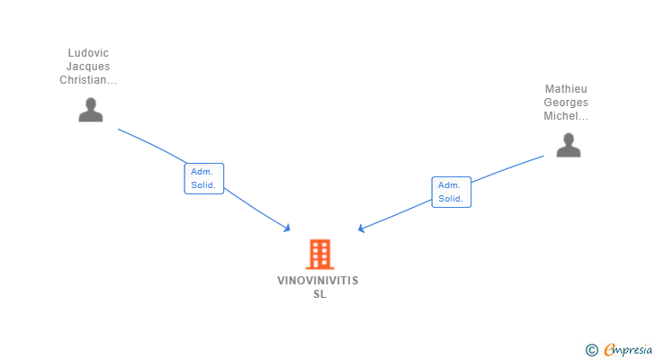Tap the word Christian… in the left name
[x=88, y=80]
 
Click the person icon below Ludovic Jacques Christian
[x=90, y=110]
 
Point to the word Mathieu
[x=566, y=89]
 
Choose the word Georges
[x=566, y=103]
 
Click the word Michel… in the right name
[x=566, y=116]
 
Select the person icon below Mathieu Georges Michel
[x=568, y=145]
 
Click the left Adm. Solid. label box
[x=203, y=178]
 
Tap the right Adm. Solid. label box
[x=451, y=192]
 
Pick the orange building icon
[x=319, y=254]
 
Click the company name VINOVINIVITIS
[x=318, y=281]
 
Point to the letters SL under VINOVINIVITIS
[x=319, y=294]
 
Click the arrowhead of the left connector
[x=287, y=229]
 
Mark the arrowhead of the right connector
[x=361, y=229]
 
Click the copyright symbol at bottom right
[x=591, y=349]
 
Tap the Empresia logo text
[x=627, y=349]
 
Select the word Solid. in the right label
[x=450, y=199]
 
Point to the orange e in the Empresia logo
[x=609, y=349]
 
